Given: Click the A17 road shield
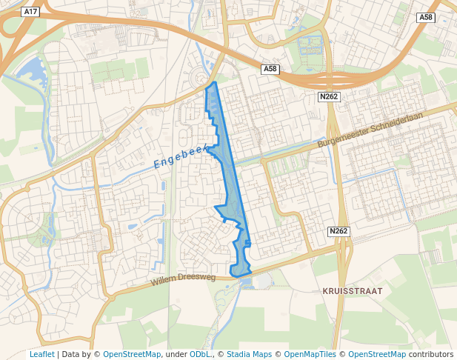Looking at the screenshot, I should tap(30, 12).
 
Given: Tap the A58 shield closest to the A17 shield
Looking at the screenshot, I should tap(270, 69).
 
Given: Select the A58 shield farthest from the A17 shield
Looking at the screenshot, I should tap(425, 17).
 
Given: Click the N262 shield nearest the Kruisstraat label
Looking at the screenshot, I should tap(338, 232).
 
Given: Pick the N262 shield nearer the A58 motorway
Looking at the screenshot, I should tap(328, 97).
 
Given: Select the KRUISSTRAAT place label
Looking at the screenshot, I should tap(353, 291).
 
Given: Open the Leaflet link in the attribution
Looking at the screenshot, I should tap(41, 354).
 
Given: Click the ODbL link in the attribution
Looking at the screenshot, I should tap(199, 354).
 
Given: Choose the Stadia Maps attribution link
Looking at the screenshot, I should tap(249, 354).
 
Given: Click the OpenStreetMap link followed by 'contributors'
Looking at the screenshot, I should tap(376, 354).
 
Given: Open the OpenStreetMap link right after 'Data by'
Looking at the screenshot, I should tap(131, 354).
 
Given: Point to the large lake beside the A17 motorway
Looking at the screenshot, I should tap(30, 71).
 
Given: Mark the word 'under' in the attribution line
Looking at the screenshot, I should tap(176, 354).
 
